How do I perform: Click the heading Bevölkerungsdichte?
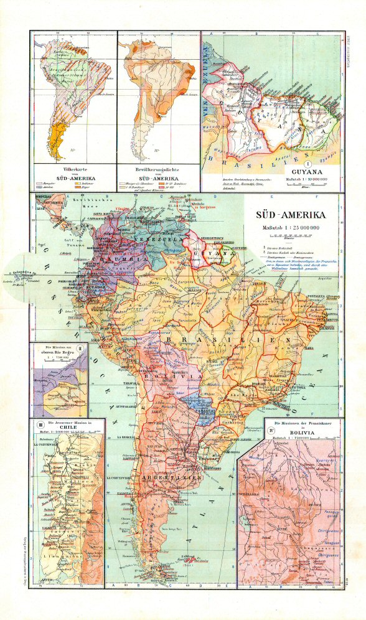(x=158, y=169)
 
